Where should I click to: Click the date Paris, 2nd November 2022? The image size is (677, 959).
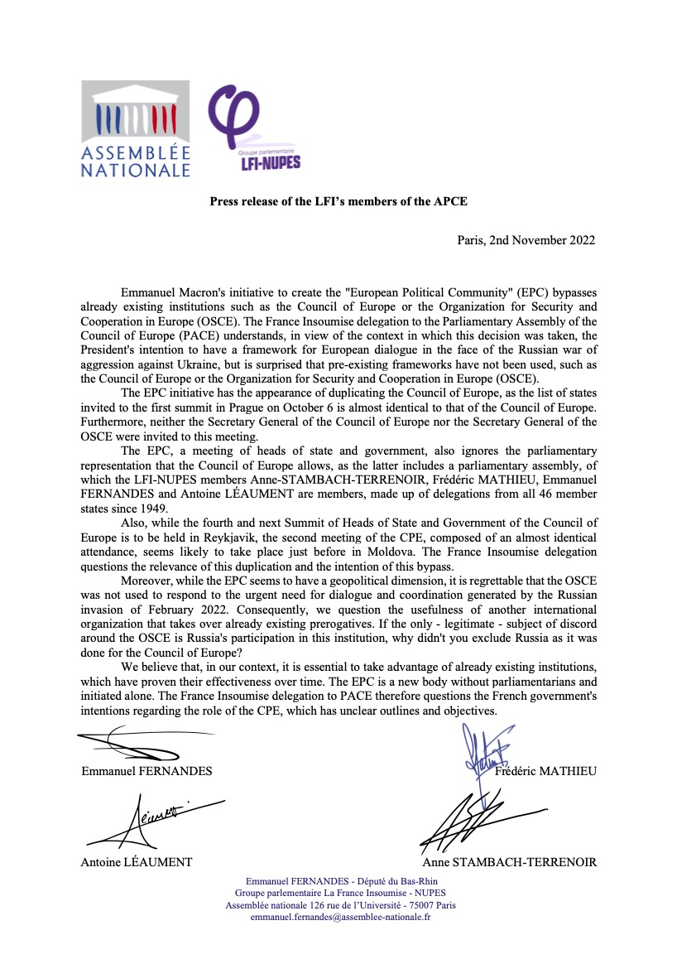(526, 240)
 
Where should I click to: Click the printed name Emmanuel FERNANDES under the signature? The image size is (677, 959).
(146, 771)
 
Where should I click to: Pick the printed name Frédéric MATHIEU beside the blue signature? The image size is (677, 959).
(545, 771)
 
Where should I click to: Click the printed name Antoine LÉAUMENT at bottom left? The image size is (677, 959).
(137, 862)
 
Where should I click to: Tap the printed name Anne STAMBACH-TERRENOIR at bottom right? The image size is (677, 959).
(509, 862)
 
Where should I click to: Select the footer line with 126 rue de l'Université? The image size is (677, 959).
(340, 905)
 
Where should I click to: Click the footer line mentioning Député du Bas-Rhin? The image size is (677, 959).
(340, 880)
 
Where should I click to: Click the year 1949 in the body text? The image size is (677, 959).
(153, 508)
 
